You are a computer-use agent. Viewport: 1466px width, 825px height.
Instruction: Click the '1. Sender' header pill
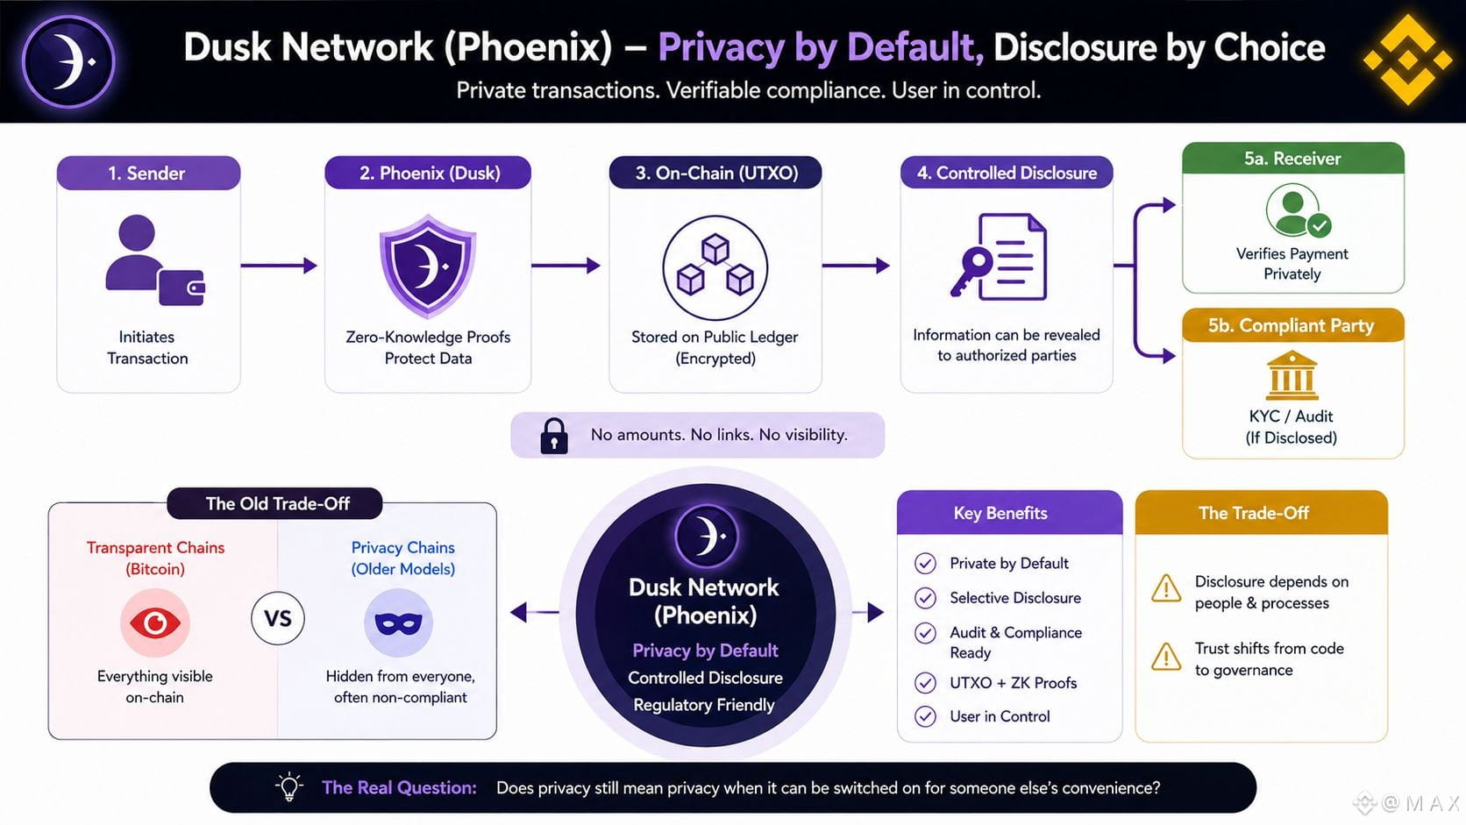click(148, 173)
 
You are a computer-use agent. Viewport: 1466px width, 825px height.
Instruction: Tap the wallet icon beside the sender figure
click(181, 288)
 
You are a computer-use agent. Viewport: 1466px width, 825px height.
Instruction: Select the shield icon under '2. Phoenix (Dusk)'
click(428, 267)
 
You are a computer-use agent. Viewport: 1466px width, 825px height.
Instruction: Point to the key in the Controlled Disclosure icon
click(971, 272)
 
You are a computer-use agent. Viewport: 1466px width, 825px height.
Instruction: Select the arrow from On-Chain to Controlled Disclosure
click(856, 265)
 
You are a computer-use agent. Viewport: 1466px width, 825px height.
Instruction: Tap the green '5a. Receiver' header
click(1293, 159)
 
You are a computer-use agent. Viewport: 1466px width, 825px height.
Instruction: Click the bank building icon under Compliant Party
click(1292, 375)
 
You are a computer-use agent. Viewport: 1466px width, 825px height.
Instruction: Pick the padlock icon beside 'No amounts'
click(553, 436)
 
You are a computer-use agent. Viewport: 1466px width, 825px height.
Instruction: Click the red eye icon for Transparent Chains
click(155, 622)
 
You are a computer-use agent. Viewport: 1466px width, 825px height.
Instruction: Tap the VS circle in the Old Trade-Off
click(277, 618)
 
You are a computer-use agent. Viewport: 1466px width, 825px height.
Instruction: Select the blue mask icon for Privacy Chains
click(399, 622)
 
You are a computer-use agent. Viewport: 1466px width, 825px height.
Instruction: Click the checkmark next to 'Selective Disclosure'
click(925, 597)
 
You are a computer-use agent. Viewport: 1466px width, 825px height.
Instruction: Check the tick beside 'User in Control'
click(925, 716)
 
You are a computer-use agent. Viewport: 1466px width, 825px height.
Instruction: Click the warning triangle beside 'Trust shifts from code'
click(1166, 657)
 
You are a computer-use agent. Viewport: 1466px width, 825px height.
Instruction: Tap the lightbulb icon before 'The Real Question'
click(289, 786)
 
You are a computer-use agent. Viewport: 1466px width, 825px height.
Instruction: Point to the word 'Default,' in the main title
click(915, 47)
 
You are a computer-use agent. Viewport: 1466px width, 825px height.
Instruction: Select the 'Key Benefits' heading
click(1000, 513)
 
